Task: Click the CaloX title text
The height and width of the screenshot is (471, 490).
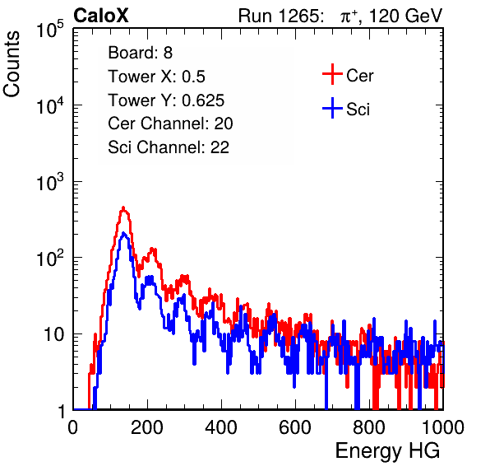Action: coord(101,16)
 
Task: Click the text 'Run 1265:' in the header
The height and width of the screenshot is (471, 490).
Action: coord(280,16)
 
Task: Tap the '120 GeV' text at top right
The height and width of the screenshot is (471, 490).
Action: coord(406,16)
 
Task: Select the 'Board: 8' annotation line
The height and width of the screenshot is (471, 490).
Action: coord(140,53)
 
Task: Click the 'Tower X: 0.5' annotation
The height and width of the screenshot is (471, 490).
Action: coord(156,77)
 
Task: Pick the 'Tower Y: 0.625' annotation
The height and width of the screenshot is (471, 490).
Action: coord(166,100)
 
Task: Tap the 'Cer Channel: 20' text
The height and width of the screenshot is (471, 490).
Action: coord(170,124)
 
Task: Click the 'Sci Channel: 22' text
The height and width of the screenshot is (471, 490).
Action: coord(169,147)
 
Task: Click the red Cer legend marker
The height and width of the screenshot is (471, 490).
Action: coord(332,74)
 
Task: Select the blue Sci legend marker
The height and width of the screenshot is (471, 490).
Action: coord(332,108)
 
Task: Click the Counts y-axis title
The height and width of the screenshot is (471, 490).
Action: coord(12,64)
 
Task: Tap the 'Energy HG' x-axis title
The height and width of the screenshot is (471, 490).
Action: coord(387,451)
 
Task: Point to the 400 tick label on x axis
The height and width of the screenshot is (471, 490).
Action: coord(221,427)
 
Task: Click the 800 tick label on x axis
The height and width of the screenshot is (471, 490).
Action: coord(369,427)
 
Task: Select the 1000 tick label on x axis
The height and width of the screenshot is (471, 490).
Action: coord(443,427)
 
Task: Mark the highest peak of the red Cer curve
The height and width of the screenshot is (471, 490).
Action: coord(123,208)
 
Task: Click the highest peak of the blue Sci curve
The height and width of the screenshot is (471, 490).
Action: coord(124,233)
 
